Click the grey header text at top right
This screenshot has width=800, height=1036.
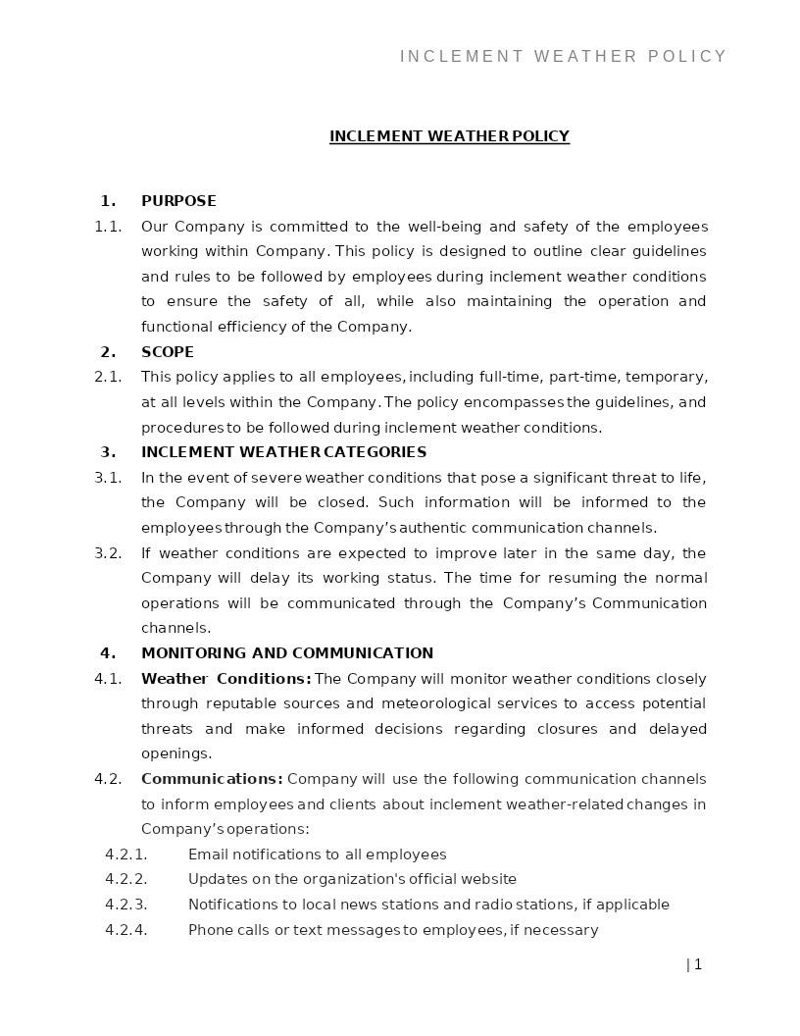pos(564,57)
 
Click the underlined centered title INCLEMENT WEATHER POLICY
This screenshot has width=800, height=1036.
pos(449,136)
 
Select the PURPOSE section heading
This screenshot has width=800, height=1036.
pos(178,201)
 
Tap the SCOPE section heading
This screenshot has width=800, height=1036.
pos(168,352)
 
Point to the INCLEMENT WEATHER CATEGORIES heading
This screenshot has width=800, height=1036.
pos(283,452)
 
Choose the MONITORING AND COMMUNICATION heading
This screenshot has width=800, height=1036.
pos(287,653)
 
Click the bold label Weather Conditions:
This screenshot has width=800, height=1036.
pos(226,679)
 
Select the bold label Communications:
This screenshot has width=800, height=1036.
pos(212,779)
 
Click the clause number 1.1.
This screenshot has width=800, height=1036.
pos(108,227)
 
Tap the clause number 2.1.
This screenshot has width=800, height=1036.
pos(108,377)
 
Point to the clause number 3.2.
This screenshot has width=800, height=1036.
pos(108,553)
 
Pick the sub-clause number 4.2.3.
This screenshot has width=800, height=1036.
pos(125,905)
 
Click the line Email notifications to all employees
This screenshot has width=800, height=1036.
pos(317,855)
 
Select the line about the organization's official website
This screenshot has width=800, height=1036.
pos(352,879)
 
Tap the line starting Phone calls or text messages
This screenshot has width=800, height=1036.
pos(393,930)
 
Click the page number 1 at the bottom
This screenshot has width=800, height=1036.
pos(697,964)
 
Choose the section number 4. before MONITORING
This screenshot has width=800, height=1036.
pos(108,653)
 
